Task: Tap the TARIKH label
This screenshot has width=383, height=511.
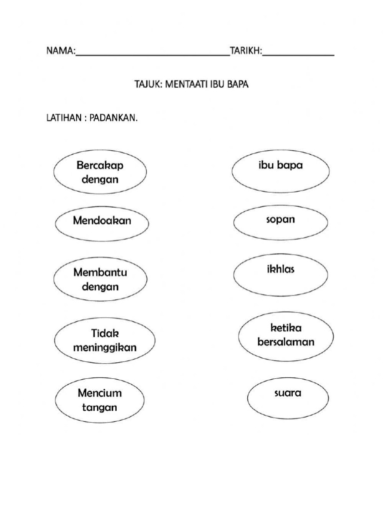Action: coord(245,51)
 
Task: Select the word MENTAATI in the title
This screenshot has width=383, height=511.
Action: coord(187,85)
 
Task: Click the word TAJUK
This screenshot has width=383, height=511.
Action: coord(146,85)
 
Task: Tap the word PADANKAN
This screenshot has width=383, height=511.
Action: coord(114,120)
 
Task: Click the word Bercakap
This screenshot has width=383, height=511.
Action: coord(100,165)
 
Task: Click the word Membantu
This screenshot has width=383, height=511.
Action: coord(100,273)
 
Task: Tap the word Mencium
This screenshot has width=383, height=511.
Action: coord(100,393)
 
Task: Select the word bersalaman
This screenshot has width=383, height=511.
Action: coord(286,342)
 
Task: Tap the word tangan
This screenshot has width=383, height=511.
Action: coord(100,407)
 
